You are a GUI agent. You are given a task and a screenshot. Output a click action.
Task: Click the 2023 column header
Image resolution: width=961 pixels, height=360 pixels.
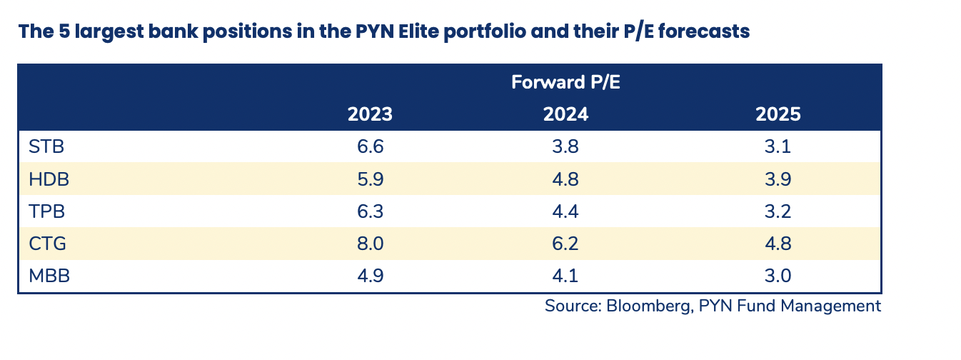pyautogui.click(x=370, y=114)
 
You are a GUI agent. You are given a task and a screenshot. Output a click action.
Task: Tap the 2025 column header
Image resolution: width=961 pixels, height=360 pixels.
pyautogui.click(x=779, y=114)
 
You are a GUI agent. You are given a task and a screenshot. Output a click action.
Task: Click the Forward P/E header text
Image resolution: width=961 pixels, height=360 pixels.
pyautogui.click(x=565, y=82)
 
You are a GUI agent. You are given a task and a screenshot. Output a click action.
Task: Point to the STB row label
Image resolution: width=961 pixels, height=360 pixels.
pyautogui.click(x=46, y=147)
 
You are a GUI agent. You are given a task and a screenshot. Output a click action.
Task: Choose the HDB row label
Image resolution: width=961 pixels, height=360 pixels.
pyautogui.click(x=49, y=179)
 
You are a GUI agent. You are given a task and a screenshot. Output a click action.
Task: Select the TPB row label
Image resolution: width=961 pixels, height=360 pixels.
pyautogui.click(x=47, y=211)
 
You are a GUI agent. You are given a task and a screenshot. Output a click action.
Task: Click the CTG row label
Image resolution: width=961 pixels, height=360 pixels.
pyautogui.click(x=48, y=244)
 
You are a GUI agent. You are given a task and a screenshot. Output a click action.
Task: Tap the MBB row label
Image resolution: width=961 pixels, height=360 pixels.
pyautogui.click(x=49, y=276)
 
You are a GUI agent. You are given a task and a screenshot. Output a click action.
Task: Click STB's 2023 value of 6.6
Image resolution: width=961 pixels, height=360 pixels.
pyautogui.click(x=371, y=147)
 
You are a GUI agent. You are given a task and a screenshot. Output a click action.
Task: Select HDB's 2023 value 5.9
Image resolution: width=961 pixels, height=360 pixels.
pyautogui.click(x=371, y=179)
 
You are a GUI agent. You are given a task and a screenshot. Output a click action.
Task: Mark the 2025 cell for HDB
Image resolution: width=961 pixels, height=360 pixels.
pyautogui.click(x=779, y=179)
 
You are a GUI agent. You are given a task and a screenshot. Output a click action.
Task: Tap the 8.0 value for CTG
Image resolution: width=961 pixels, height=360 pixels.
pyautogui.click(x=371, y=244)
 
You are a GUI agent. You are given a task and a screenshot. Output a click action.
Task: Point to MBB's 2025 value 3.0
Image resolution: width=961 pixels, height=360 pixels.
pyautogui.click(x=779, y=276)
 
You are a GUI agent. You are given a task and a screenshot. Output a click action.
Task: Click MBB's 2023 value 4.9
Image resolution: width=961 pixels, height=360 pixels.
pyautogui.click(x=371, y=276)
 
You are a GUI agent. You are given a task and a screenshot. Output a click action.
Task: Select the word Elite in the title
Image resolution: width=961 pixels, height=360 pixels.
pyautogui.click(x=411, y=32)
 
